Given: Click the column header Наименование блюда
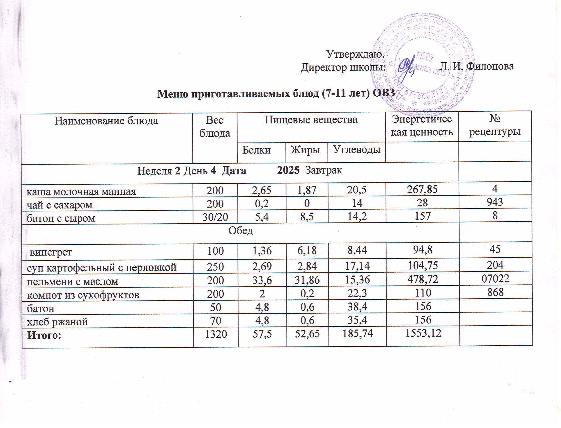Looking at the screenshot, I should click(x=107, y=121).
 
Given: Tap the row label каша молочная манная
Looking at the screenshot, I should click(x=81, y=191).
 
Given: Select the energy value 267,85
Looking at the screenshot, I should click(x=423, y=189).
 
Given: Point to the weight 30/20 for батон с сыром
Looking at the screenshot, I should click(x=215, y=217).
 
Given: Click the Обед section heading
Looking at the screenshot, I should click(x=241, y=231).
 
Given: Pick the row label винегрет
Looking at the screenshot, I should click(x=51, y=252).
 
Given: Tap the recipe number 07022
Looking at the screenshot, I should click(x=495, y=279).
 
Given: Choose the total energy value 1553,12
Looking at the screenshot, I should click(x=423, y=333).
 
